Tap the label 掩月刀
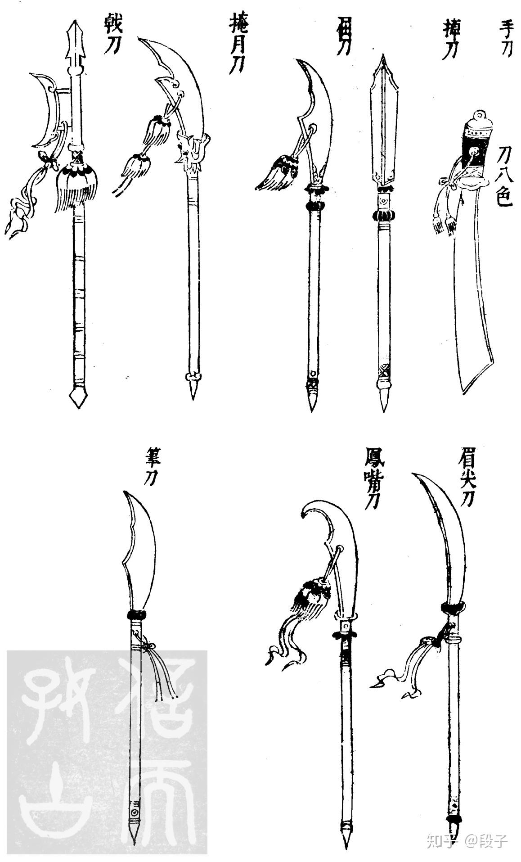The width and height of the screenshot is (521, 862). click(x=237, y=43)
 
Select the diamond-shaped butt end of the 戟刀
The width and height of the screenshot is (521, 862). click(x=77, y=397)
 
